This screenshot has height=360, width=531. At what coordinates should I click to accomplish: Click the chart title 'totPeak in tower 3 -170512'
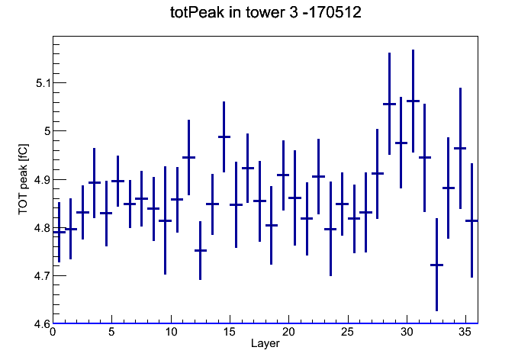[265, 12]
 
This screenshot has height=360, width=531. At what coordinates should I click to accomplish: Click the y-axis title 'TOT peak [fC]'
[24, 179]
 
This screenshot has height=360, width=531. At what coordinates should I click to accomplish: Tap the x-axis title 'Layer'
[265, 343]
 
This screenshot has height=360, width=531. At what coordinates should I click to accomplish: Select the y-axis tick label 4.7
[41, 276]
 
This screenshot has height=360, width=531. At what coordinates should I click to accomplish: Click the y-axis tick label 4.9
[41, 179]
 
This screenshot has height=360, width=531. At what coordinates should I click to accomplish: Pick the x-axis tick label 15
[230, 332]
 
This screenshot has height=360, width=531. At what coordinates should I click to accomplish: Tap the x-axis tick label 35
[465, 332]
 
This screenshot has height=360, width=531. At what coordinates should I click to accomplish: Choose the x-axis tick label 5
[111, 332]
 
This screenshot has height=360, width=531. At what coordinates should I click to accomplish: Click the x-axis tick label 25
[347, 332]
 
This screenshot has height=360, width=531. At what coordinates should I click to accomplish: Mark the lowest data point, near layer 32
[436, 265]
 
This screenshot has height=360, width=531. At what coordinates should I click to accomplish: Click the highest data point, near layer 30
[413, 101]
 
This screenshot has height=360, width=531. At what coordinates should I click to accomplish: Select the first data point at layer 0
[59, 232]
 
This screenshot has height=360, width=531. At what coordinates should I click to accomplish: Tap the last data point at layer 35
[471, 220]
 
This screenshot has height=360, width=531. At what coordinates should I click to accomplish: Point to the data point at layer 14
[224, 137]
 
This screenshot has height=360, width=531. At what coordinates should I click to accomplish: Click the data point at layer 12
[200, 251]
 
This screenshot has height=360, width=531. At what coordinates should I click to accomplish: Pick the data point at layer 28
[389, 104]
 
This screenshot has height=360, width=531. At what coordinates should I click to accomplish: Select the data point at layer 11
[188, 157]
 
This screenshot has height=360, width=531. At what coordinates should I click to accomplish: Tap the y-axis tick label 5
[47, 131]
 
